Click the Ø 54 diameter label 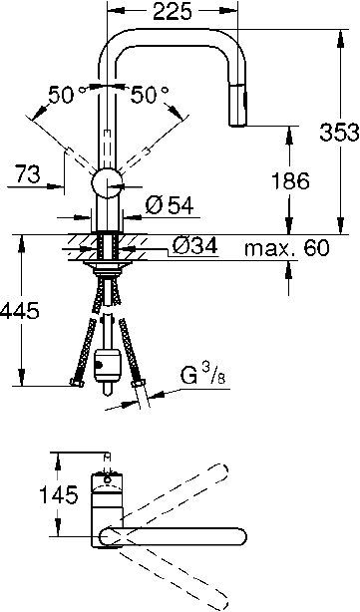(x=167, y=207)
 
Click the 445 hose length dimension (x=21, y=311)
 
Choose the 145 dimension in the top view (x=21, y=491)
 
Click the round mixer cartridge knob (x=107, y=184)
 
